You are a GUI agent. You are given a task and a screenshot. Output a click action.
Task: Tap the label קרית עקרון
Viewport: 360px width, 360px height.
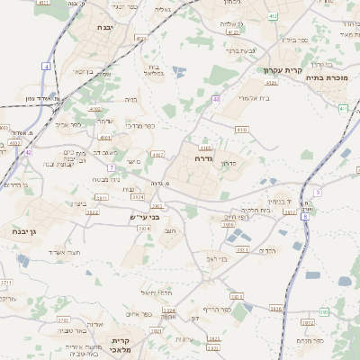tap(267, 69)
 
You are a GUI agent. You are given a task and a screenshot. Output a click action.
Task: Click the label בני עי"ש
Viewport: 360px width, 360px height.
tap(143, 217)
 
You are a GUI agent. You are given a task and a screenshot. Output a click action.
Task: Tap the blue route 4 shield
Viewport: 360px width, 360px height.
tap(46, 66)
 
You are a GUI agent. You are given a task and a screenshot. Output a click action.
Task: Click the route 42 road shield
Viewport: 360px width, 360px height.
tap(28, 152)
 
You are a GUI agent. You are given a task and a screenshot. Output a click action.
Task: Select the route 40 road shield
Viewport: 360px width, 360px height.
tap(216, 99)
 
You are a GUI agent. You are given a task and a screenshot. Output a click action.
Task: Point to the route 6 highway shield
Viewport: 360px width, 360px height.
tap(305, 217)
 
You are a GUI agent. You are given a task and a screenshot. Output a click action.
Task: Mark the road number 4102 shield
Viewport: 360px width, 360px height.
tap(95, 108)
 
